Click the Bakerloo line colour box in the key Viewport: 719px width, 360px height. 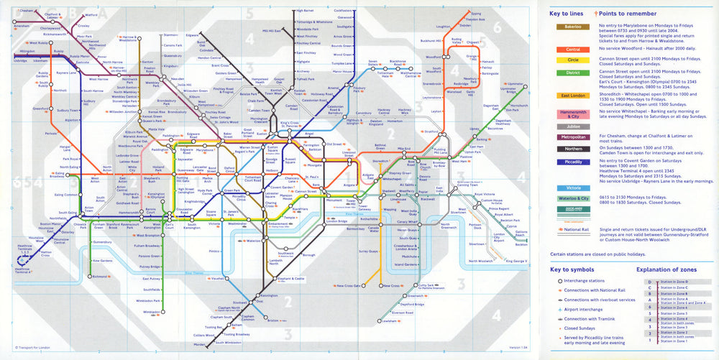tap(568, 27)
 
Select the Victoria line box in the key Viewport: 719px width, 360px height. tap(568, 188)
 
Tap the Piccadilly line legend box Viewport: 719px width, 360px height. tap(568, 162)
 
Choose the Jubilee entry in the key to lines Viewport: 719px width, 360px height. tap(568, 126)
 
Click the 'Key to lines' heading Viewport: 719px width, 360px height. tap(566, 13)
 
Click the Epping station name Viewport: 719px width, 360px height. tap(475, 13)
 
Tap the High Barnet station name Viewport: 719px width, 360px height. tap(305, 11)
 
